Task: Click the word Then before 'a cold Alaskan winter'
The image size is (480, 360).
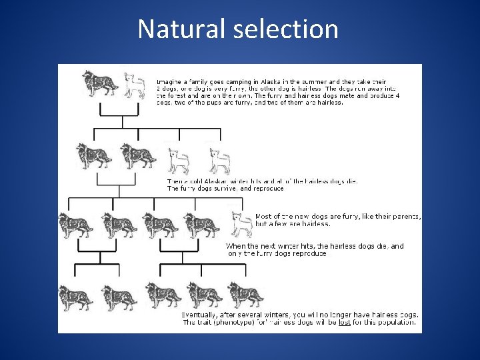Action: (x=173, y=181)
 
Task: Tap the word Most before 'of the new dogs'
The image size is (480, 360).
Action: (x=264, y=217)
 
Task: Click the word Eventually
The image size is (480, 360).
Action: (x=200, y=315)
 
